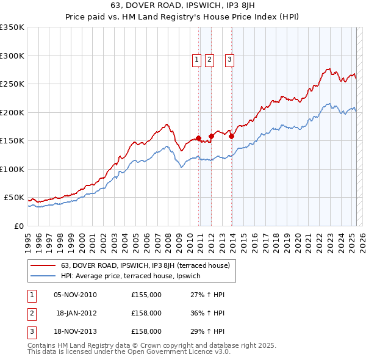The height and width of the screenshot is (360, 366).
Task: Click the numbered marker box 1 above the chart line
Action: point(197,59)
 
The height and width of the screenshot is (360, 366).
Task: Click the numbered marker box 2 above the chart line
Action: point(209,59)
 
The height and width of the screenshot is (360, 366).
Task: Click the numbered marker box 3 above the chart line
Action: point(229,59)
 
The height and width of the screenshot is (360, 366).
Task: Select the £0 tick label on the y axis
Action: point(18,226)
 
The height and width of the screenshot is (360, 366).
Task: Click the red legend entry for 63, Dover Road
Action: point(145,265)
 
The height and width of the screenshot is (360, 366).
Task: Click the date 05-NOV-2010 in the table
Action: point(75,295)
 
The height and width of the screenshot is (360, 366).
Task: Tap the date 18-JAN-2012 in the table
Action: point(76,313)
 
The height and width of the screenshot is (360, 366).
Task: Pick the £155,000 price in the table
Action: point(146,295)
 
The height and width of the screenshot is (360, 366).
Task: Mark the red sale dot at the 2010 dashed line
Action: point(199,138)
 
